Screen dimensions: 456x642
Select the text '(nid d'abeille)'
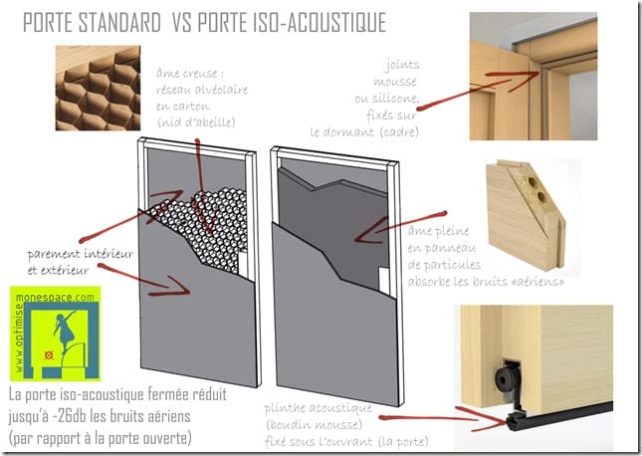coord(196,121)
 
